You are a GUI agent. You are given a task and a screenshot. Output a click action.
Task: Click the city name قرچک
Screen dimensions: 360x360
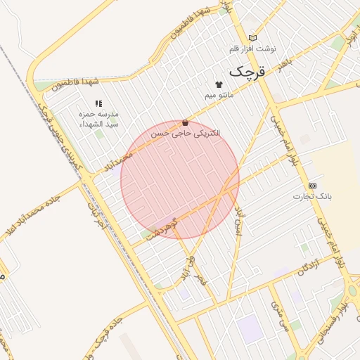pyautogui.click(x=250, y=72)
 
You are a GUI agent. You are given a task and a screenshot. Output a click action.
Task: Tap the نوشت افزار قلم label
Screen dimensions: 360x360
pyautogui.click(x=254, y=49)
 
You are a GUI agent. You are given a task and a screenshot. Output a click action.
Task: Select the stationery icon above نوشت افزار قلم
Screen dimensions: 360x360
pyautogui.click(x=253, y=38)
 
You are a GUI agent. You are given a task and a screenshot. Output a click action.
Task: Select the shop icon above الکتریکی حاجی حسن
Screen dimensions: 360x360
pyautogui.click(x=186, y=122)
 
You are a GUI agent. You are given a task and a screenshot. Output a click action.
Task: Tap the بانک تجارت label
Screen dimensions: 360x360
pyautogui.click(x=311, y=195)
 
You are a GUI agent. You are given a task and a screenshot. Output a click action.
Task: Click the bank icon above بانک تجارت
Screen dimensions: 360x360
pyautogui.click(x=312, y=185)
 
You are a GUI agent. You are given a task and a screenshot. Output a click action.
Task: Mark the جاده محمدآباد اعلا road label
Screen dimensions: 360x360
pyautogui.click(x=35, y=217)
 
